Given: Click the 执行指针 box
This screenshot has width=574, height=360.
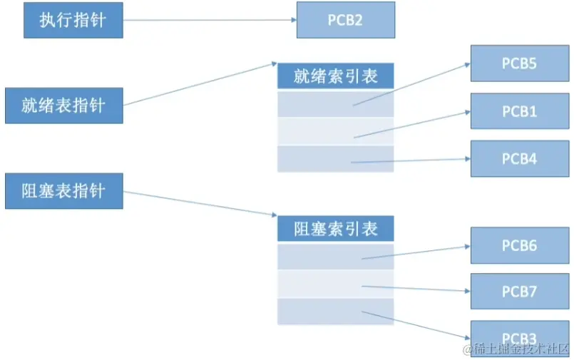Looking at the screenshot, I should [73, 20].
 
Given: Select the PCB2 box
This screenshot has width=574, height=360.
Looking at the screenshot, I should [345, 20].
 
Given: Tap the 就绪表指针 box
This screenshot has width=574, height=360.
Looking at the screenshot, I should [64, 106].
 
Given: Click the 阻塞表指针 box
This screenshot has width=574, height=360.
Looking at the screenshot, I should [64, 191].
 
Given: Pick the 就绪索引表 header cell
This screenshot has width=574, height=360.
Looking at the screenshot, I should [335, 76].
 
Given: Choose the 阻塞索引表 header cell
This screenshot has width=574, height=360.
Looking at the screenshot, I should [335, 229].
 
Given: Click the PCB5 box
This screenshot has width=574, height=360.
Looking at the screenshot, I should [519, 63].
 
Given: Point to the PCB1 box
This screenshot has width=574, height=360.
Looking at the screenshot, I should [519, 111].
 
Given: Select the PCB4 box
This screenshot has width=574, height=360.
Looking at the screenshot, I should [519, 158].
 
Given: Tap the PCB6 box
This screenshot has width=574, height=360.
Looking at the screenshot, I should [519, 245].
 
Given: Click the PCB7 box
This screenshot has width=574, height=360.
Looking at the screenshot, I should [519, 292].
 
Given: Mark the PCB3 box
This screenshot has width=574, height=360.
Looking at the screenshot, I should [519, 336].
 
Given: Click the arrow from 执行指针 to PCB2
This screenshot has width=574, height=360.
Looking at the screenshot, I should [210, 20].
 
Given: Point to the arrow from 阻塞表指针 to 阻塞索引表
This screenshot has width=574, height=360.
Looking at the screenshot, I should [200, 203].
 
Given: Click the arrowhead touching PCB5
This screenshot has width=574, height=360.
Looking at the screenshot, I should [466, 64].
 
